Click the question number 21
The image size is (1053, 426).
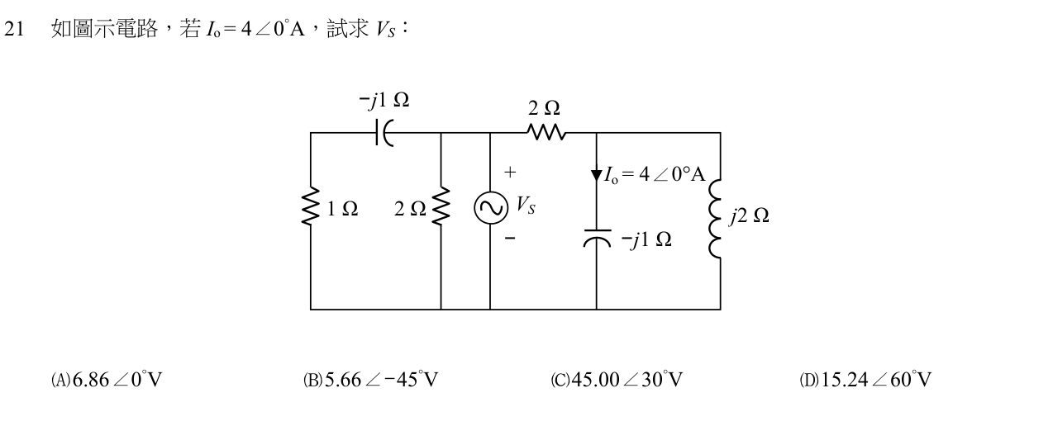tap(13, 29)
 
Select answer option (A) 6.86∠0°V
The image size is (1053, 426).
tap(107, 380)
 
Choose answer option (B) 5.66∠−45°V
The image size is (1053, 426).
tap(370, 380)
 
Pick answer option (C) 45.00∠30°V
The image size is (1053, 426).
tap(617, 380)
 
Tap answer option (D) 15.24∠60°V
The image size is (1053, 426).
tap(865, 380)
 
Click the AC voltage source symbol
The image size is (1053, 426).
tap(491, 207)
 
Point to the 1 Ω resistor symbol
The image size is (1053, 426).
tap(311, 206)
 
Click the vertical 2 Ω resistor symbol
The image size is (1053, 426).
tap(441, 206)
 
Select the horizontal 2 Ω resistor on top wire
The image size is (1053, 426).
tap(546, 132)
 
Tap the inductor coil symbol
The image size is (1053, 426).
tap(715, 219)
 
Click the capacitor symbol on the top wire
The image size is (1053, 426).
tap(384, 133)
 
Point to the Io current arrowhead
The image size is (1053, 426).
tap(597, 176)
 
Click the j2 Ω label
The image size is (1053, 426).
tap(749, 215)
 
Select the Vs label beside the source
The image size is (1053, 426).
tap(526, 206)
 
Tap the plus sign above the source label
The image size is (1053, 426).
tap(510, 173)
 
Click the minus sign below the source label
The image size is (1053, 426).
tap(510, 238)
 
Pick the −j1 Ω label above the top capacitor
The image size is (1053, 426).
tap(384, 100)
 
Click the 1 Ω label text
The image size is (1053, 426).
tap(342, 209)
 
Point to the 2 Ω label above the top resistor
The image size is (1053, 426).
tap(544, 108)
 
